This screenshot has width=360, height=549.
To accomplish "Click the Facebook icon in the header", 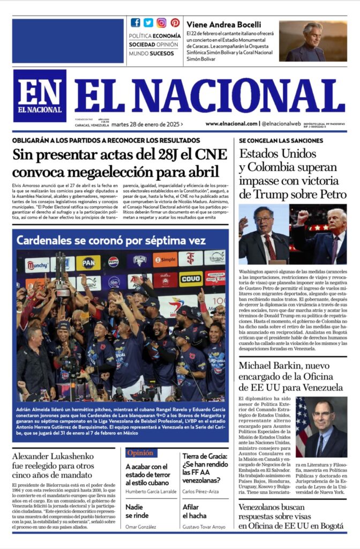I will [136, 23].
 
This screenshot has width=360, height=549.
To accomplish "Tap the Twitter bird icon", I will [148, 23].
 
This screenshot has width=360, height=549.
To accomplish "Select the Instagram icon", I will [161, 23].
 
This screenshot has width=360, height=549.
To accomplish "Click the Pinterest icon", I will [175, 23].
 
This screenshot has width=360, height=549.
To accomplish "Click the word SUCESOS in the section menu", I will [162, 54].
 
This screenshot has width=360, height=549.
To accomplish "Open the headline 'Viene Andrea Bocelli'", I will [224, 24].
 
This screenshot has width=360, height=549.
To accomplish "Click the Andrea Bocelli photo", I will [312, 41].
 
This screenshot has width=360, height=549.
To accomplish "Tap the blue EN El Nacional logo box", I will [39, 95].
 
